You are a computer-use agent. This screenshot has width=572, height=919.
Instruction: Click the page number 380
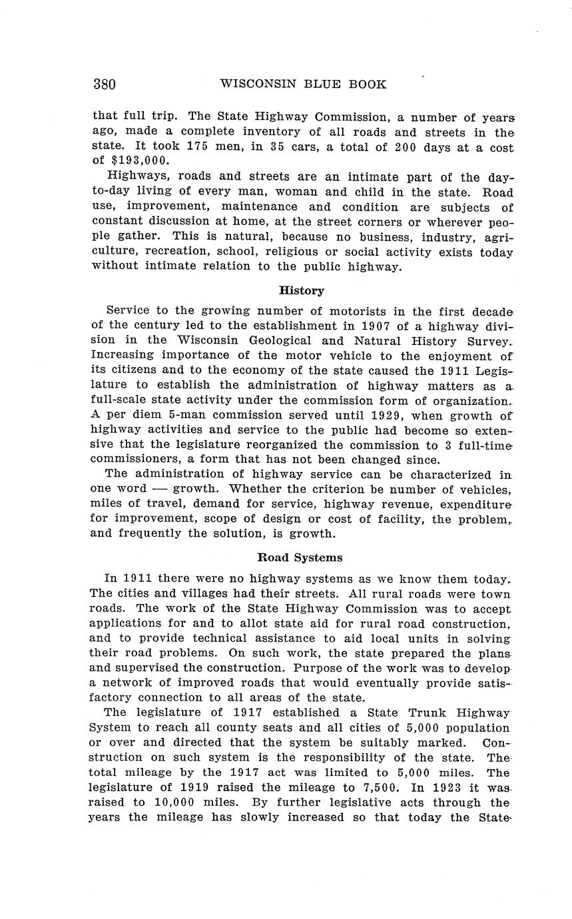[x=105, y=85]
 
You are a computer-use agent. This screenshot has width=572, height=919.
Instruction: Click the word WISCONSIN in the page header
[x=254, y=85]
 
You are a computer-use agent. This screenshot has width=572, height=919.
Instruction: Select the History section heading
[x=301, y=290]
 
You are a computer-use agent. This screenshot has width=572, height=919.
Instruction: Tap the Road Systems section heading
[x=300, y=557]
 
